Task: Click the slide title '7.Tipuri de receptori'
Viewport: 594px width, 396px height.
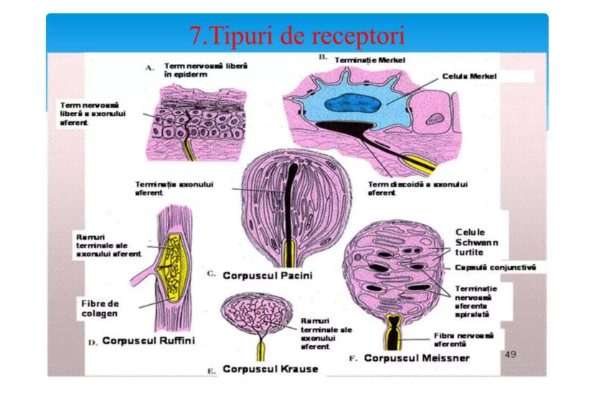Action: coord(297,34)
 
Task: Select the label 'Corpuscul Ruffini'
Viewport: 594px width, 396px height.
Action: coord(148,339)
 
